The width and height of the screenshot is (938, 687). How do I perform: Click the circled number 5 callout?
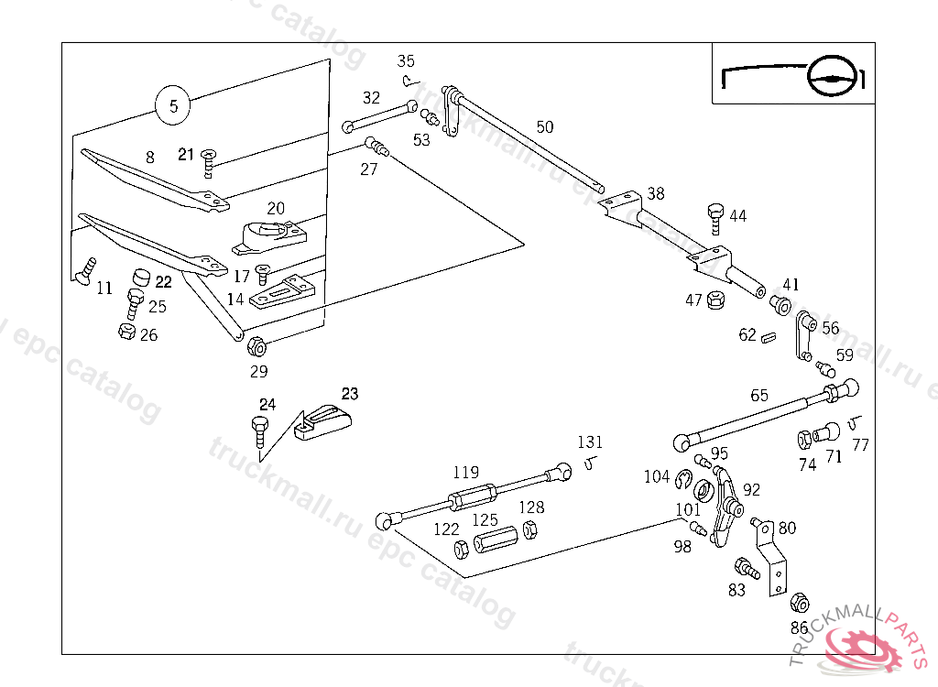(173, 105)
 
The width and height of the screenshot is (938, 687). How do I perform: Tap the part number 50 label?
(545, 126)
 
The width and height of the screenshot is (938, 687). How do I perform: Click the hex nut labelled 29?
(256, 347)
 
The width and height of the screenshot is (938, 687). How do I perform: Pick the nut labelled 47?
(716, 299)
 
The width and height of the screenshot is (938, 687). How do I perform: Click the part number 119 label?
(465, 473)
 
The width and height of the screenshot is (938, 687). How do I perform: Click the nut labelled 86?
(799, 602)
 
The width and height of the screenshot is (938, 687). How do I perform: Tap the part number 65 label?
(759, 396)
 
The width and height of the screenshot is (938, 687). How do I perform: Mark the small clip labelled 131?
(591, 462)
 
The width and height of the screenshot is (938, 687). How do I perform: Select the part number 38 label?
(656, 194)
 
